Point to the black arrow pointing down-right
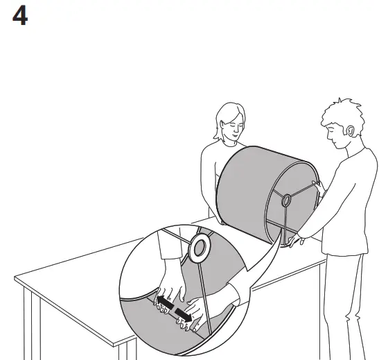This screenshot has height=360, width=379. click(x=184, y=314)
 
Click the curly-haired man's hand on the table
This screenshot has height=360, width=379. click(x=298, y=241)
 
